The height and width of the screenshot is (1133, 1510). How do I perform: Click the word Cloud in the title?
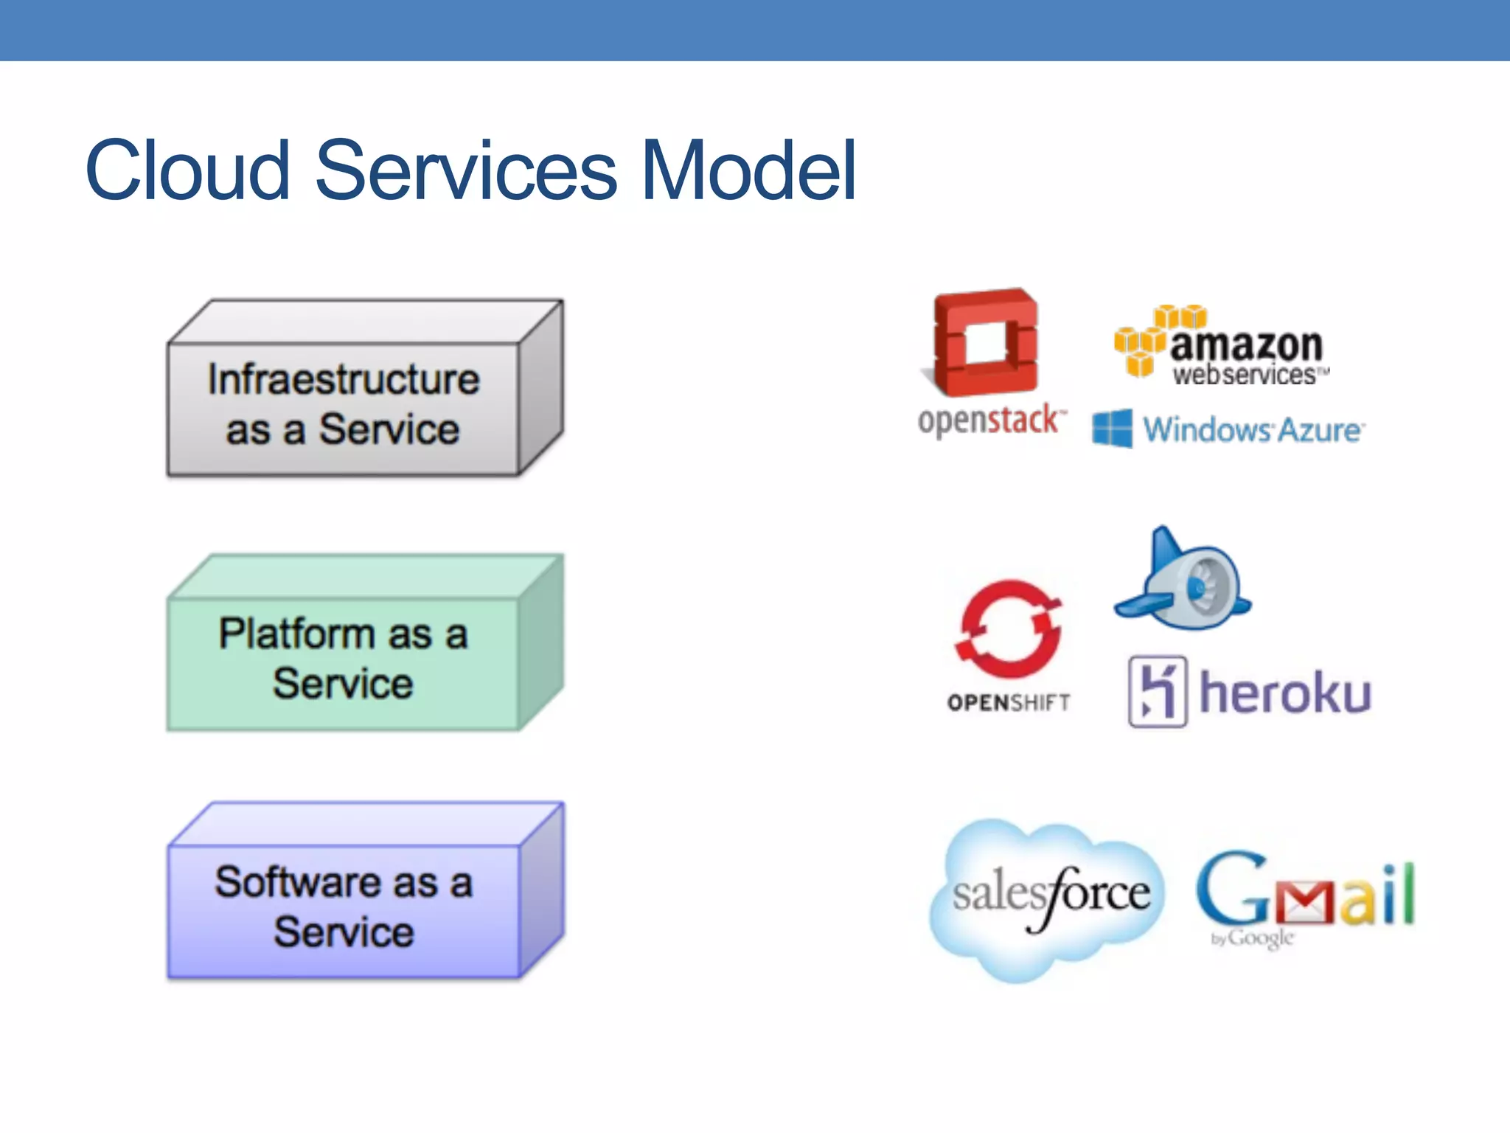coord(188,171)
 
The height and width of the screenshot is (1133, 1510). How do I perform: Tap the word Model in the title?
coord(748,171)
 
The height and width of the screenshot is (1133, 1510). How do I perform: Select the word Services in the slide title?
coord(466,171)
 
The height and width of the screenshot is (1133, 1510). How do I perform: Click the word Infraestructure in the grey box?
coord(344,379)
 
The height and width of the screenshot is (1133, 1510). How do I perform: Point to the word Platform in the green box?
coord(296,634)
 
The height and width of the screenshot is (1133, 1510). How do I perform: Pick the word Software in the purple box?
coord(297,882)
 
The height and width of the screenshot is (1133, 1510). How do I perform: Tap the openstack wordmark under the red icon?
coord(990,421)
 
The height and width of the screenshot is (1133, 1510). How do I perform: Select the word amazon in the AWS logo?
coord(1246,344)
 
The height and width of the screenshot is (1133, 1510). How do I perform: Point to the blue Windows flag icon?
coord(1112,429)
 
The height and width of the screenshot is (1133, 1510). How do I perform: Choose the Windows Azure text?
coord(1253,430)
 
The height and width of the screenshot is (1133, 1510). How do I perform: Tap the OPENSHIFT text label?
coord(1009,703)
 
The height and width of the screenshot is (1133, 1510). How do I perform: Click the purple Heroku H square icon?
coord(1158,692)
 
